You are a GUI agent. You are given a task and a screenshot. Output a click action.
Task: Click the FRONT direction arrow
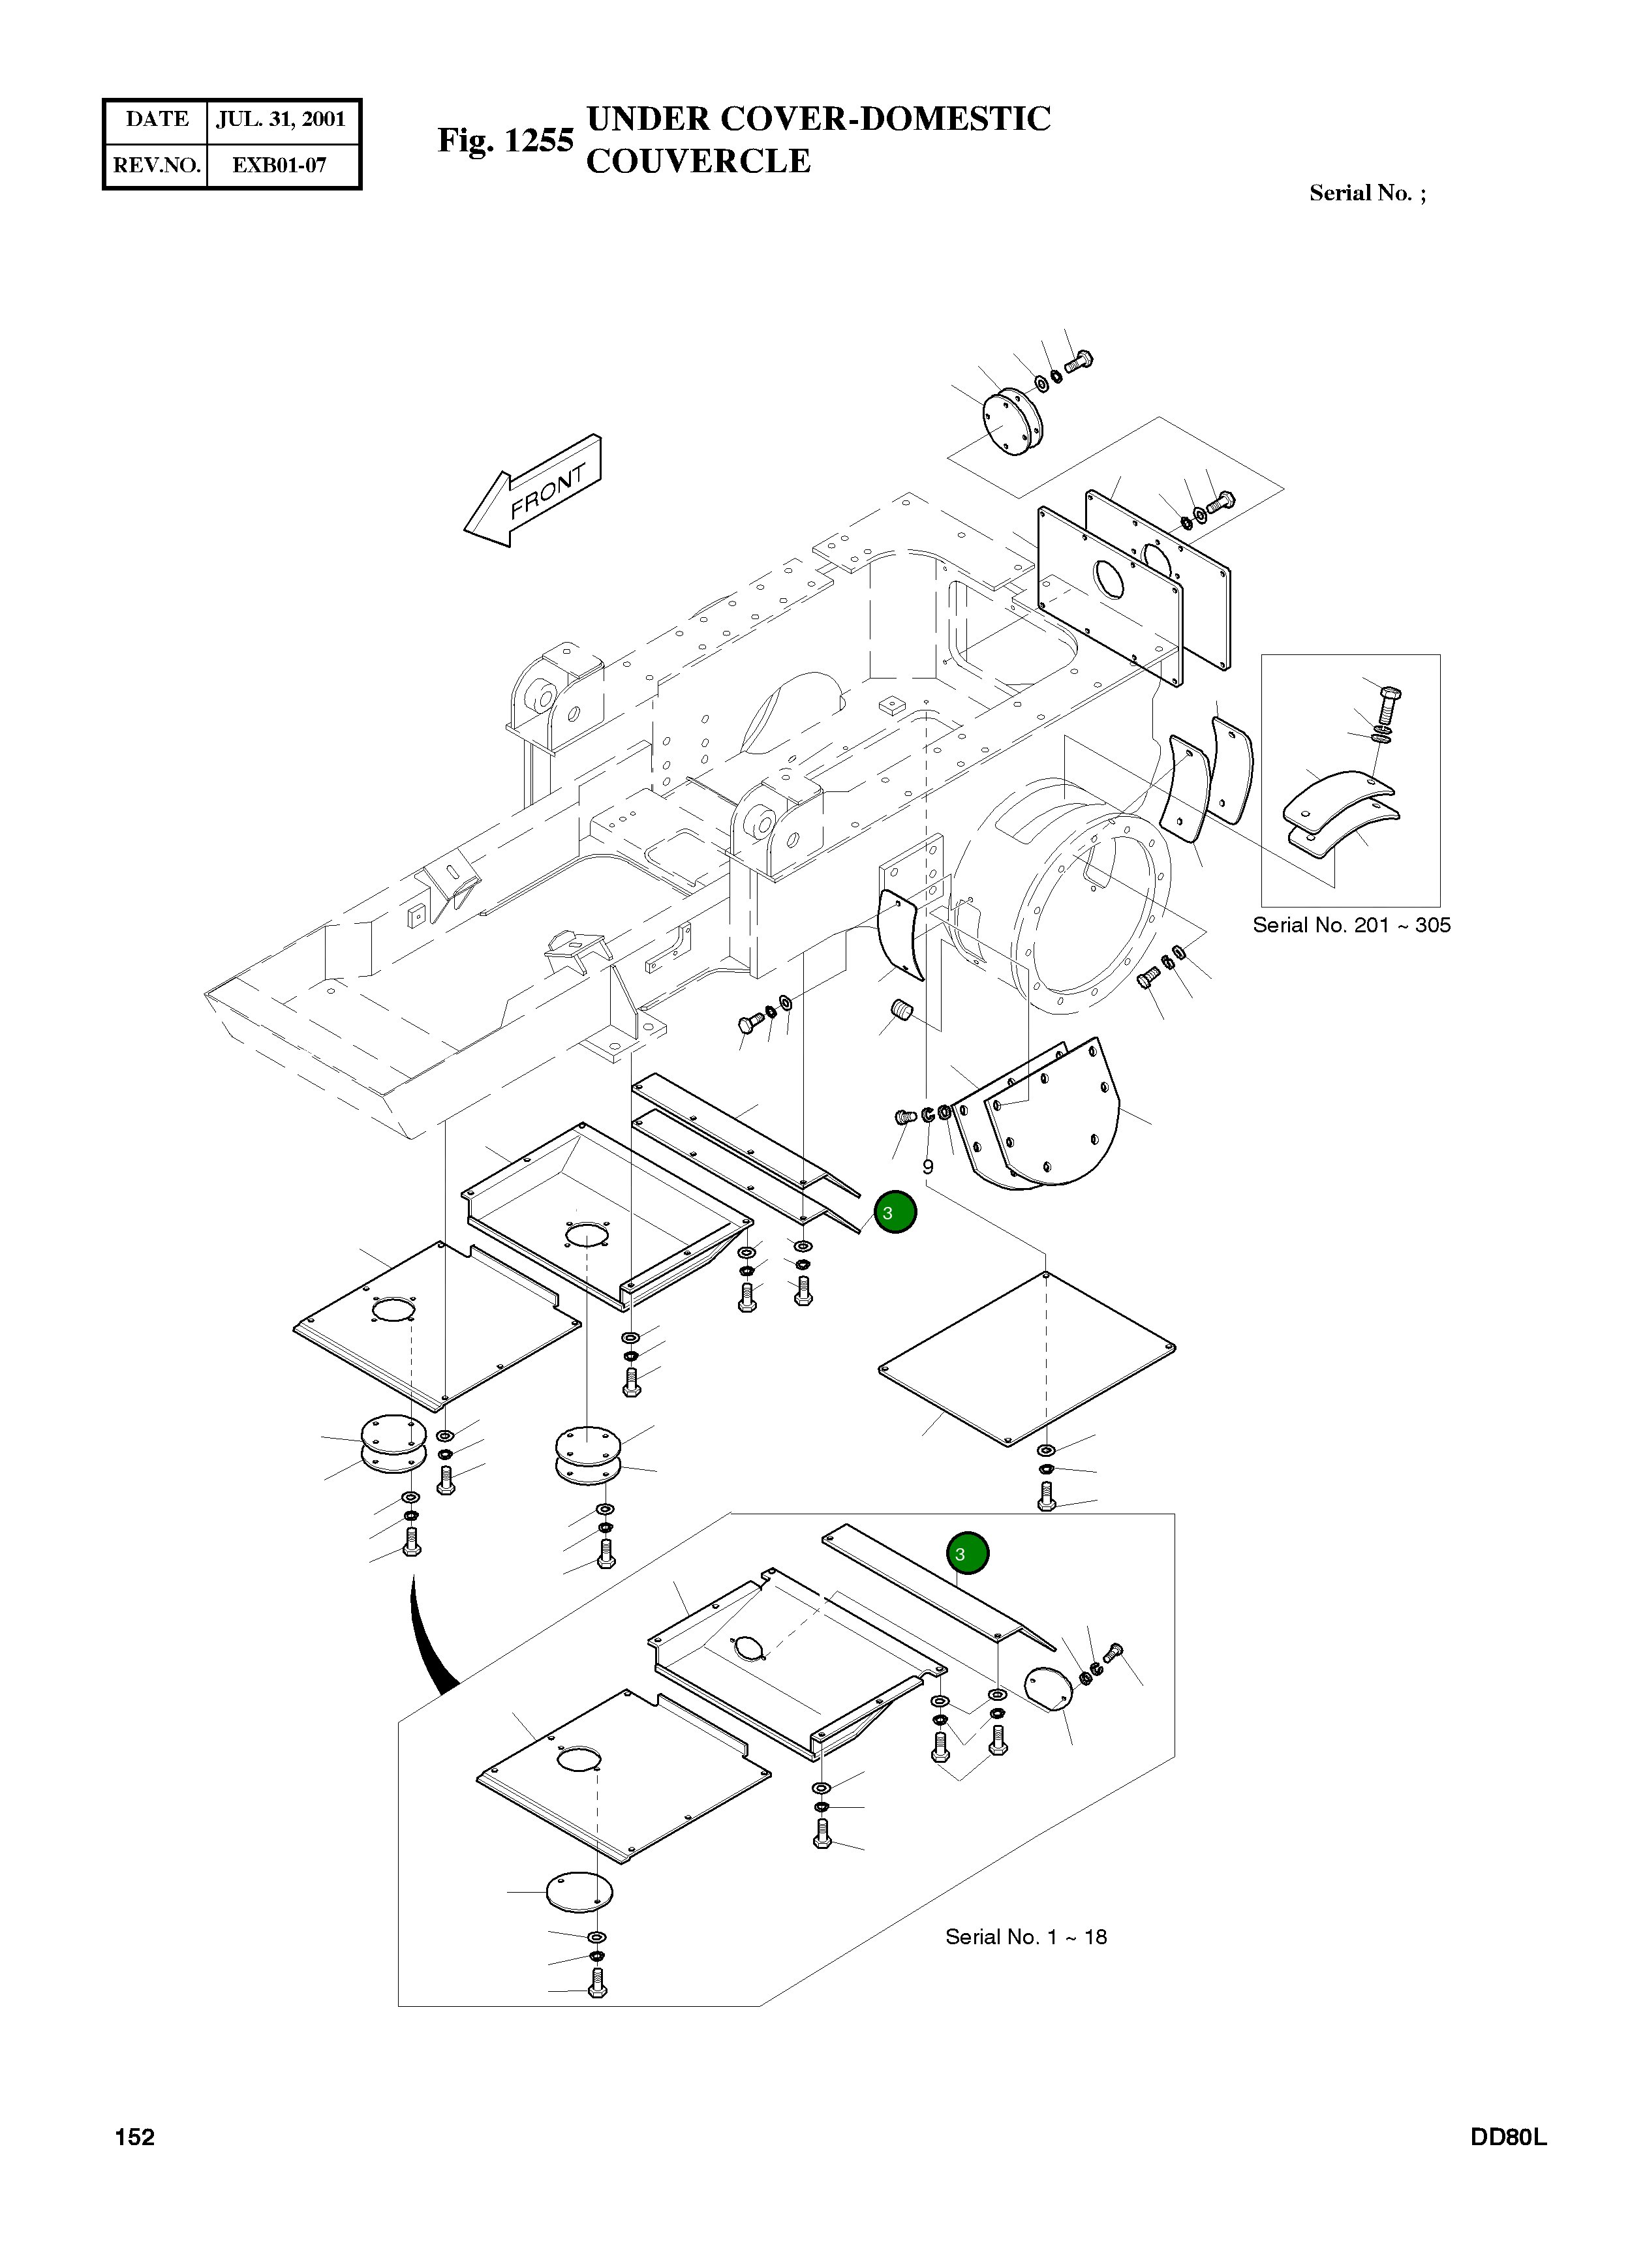click(x=532, y=490)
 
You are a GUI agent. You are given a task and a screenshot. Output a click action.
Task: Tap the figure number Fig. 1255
click(x=506, y=140)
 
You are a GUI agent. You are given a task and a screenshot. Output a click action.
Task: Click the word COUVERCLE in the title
click(x=698, y=161)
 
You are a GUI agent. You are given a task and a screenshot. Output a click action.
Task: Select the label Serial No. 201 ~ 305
click(x=1351, y=925)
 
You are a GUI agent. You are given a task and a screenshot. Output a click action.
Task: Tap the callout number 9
click(x=927, y=1166)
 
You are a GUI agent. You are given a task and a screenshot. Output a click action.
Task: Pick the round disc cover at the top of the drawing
click(x=1011, y=422)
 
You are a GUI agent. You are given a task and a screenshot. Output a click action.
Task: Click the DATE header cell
click(x=157, y=119)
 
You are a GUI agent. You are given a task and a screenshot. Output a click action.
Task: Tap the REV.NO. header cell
click(x=157, y=165)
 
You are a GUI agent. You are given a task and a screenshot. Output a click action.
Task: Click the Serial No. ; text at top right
click(x=1367, y=193)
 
